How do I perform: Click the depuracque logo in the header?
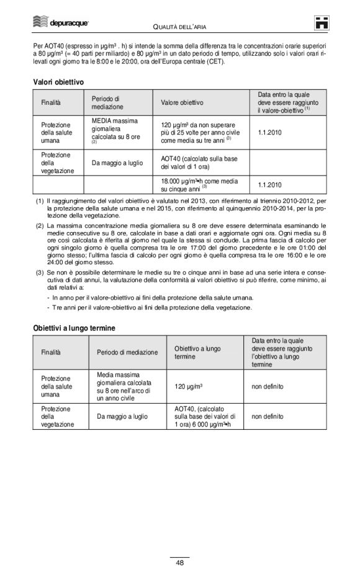point(61,23)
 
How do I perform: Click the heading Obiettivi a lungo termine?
point(74,327)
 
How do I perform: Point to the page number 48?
point(179,563)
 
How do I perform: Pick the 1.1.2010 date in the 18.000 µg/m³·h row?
point(269,184)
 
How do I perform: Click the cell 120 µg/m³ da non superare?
point(200,132)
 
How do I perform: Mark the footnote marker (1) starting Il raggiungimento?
point(40,202)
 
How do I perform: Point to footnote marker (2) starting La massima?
point(40,225)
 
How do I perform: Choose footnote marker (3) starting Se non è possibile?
point(40,272)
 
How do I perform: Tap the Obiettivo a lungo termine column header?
point(197,352)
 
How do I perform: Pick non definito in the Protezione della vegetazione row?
point(268,417)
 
